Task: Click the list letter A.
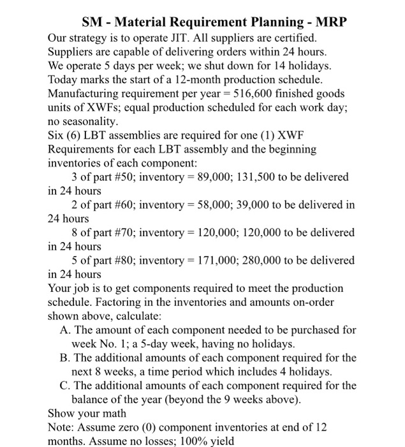pyautogui.click(x=64, y=330)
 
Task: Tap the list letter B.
pyautogui.click(x=64, y=358)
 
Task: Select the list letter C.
pyautogui.click(x=64, y=385)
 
